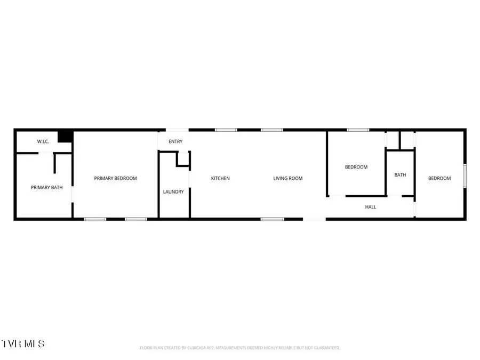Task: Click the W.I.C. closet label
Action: point(43,141)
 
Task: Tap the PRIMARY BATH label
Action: point(47,187)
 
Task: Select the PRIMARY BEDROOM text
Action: point(116,178)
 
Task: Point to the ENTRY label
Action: point(175,141)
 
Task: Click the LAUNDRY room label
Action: point(173,191)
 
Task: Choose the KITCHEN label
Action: point(220,178)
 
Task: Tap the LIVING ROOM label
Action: point(288,178)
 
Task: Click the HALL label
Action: point(370,206)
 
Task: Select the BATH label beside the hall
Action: point(400,174)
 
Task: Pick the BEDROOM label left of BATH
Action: point(356,167)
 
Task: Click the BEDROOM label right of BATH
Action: point(439,178)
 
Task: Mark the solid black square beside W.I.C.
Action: point(65,136)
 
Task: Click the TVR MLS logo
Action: point(23,342)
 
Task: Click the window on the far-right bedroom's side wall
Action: point(465,176)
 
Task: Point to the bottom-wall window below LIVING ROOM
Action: point(272,219)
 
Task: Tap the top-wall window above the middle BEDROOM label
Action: point(358,130)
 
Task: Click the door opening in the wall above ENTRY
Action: point(177,130)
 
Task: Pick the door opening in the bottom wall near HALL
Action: point(315,219)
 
